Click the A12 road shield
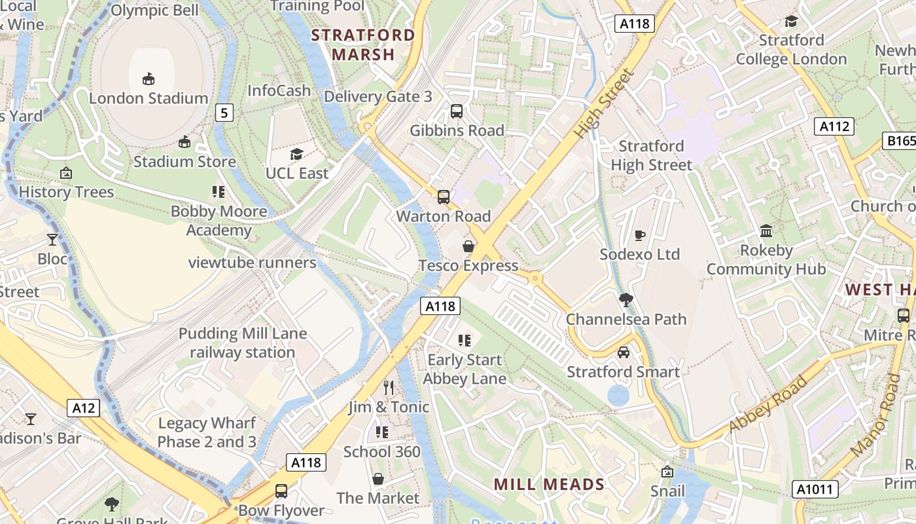pos(84,408)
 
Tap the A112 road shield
pos(834,126)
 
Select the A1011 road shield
pos(815,489)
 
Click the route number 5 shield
pos(224,113)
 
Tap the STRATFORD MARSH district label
pos(363,45)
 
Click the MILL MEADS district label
pos(549,485)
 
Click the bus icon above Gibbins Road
pos(457,111)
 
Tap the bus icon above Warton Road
pos(444,196)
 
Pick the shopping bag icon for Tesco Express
pos(468,246)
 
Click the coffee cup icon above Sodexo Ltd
pos(640,235)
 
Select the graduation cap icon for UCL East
pos(296,154)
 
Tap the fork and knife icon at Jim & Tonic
pos(389,387)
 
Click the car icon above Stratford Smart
pos(624,352)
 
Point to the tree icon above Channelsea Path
pos(626,300)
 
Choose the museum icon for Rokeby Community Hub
pos(766,231)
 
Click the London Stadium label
pos(149,98)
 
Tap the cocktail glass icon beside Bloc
pos(52,239)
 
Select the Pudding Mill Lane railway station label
pos(243,343)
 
